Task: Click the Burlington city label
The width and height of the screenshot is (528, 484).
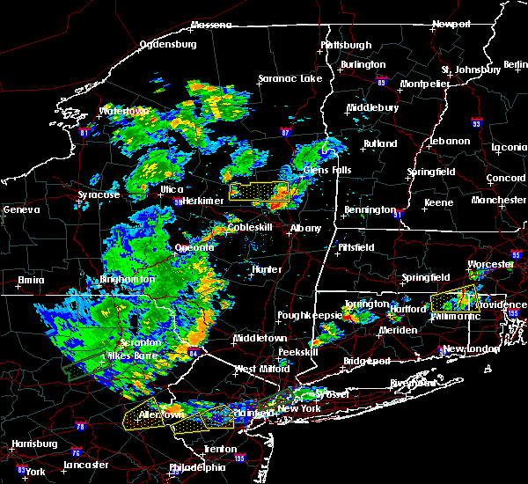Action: [x=363, y=64]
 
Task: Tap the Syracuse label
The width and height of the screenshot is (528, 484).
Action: [x=97, y=194]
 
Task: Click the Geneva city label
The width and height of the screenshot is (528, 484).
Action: [x=21, y=210]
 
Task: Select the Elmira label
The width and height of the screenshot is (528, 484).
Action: [x=31, y=281]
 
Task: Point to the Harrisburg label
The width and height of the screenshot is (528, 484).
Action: [x=28, y=444]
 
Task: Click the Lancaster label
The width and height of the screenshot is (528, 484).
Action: [x=85, y=465]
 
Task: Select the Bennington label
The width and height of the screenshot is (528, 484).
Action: [x=368, y=209]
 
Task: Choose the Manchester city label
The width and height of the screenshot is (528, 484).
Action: [x=498, y=200]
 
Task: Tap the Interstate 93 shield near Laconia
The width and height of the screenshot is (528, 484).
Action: [x=476, y=123]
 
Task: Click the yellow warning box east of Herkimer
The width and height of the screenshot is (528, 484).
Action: [x=259, y=192]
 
